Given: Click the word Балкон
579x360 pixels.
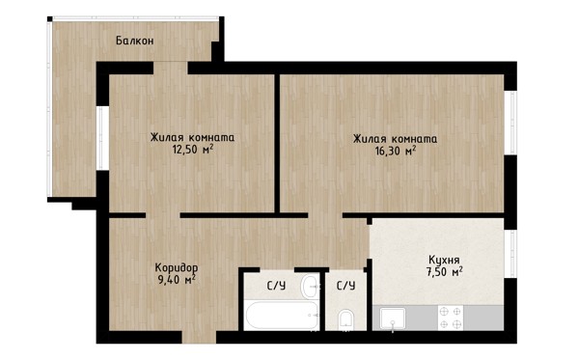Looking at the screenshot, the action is pyautogui.click(x=135, y=41).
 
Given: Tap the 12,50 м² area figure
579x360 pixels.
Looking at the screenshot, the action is pyautogui.click(x=193, y=150).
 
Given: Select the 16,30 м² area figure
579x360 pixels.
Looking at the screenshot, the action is pyautogui.click(x=396, y=151).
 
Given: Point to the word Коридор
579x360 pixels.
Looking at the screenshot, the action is pyautogui.click(x=177, y=267).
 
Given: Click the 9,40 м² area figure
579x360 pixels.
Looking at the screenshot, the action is pyautogui.click(x=177, y=280).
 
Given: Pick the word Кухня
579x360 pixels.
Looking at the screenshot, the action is pyautogui.click(x=444, y=260).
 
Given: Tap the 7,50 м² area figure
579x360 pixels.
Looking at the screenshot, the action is pyautogui.click(x=445, y=272).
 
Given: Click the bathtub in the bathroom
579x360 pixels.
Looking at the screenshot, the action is pyautogui.click(x=282, y=316).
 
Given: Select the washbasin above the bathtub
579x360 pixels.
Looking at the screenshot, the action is pyautogui.click(x=310, y=286).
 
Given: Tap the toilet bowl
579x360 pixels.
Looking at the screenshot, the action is pyautogui.click(x=345, y=319).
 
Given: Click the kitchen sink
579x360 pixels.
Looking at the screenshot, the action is pyautogui.click(x=393, y=318).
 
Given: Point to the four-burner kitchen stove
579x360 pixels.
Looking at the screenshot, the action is pyautogui.click(x=451, y=318).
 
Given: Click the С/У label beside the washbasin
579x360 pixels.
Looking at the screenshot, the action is pyautogui.click(x=276, y=286).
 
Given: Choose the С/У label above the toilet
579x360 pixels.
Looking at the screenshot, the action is pyautogui.click(x=345, y=286).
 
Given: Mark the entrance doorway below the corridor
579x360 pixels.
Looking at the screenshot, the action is pyautogui.click(x=199, y=337).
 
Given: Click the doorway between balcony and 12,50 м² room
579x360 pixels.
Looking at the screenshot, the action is pyautogui.click(x=171, y=68).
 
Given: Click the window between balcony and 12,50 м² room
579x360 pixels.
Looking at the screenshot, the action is pyautogui.click(x=101, y=138).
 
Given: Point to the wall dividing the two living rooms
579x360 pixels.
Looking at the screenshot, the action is pyautogui.click(x=277, y=143).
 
